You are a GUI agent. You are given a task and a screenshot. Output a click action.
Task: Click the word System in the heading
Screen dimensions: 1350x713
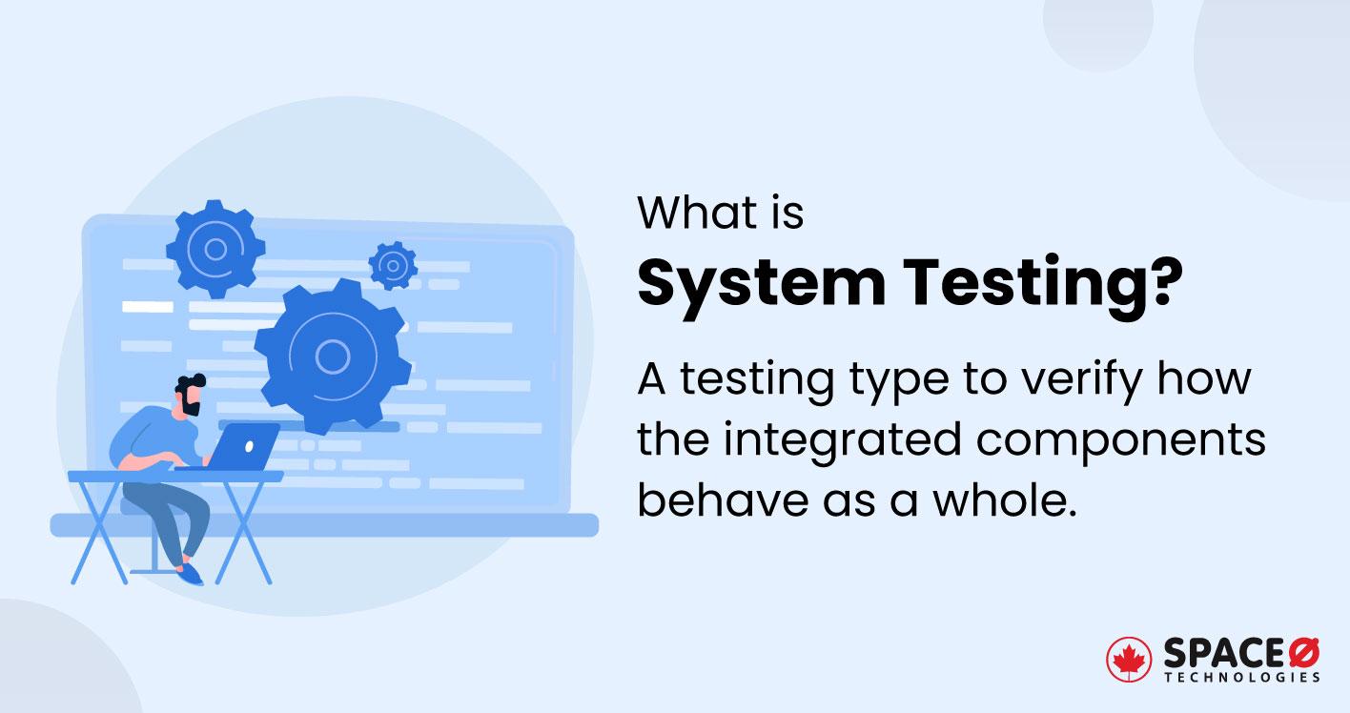click(x=761, y=286)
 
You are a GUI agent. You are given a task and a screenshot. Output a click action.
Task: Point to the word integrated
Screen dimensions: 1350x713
click(x=842, y=441)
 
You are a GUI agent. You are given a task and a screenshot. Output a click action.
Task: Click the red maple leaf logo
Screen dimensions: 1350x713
click(x=1128, y=660)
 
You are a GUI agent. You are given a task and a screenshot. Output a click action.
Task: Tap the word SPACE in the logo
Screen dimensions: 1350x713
click(x=1224, y=653)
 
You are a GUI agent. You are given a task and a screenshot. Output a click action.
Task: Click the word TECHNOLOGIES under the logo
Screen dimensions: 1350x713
click(x=1242, y=677)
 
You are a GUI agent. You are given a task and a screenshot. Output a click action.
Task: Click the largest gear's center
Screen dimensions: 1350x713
click(x=332, y=356)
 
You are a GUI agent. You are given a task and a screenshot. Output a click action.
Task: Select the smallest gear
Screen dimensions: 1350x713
click(x=393, y=265)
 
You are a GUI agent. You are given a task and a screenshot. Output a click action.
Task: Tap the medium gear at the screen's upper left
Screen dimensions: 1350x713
click(x=215, y=249)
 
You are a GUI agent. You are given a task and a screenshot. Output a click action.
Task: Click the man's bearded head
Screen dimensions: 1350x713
click(x=191, y=395)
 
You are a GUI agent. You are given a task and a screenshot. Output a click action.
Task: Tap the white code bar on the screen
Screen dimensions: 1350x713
click(x=148, y=307)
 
